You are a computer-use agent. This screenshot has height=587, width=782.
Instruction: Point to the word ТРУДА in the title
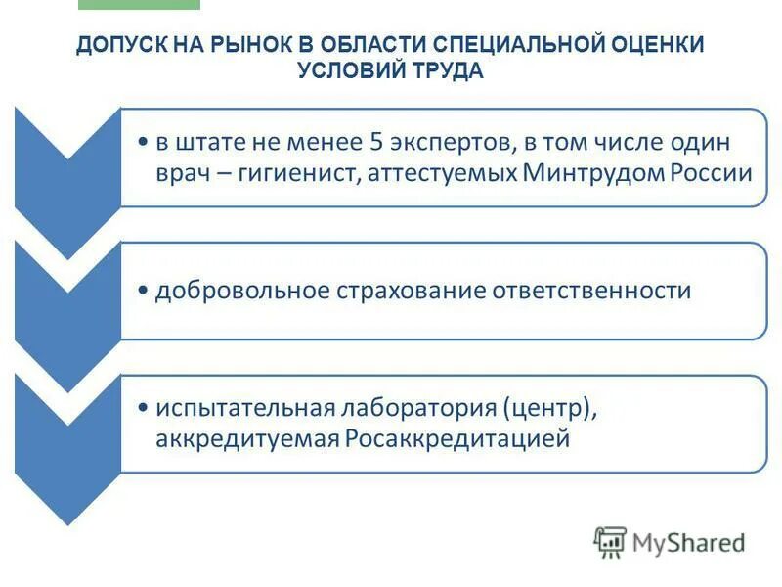coord(447,71)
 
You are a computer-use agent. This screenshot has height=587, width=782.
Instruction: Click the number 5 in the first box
coord(375,143)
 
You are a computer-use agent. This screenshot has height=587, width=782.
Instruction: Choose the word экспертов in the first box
coord(444,143)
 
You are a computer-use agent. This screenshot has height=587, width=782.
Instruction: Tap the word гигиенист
coord(283,174)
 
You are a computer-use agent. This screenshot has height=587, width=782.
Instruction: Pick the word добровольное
coord(242,291)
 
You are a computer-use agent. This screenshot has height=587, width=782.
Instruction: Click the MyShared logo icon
coord(610,541)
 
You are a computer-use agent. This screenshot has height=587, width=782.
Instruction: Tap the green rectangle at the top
coord(138,4)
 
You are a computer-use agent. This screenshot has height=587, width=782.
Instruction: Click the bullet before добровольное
coord(144,292)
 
